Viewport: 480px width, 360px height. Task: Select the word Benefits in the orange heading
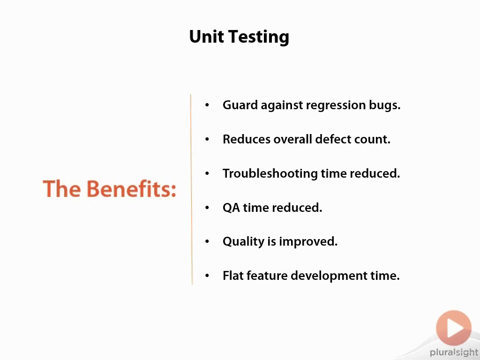(132, 188)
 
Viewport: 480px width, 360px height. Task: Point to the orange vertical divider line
(191, 189)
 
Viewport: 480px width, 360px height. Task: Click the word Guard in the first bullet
(240, 105)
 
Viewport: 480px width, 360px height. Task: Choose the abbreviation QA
(232, 208)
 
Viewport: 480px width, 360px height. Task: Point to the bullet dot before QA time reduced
(207, 208)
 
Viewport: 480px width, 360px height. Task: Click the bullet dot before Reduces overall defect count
(207, 139)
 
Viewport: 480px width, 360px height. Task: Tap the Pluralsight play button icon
(454, 328)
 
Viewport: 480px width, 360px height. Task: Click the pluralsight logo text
(454, 352)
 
